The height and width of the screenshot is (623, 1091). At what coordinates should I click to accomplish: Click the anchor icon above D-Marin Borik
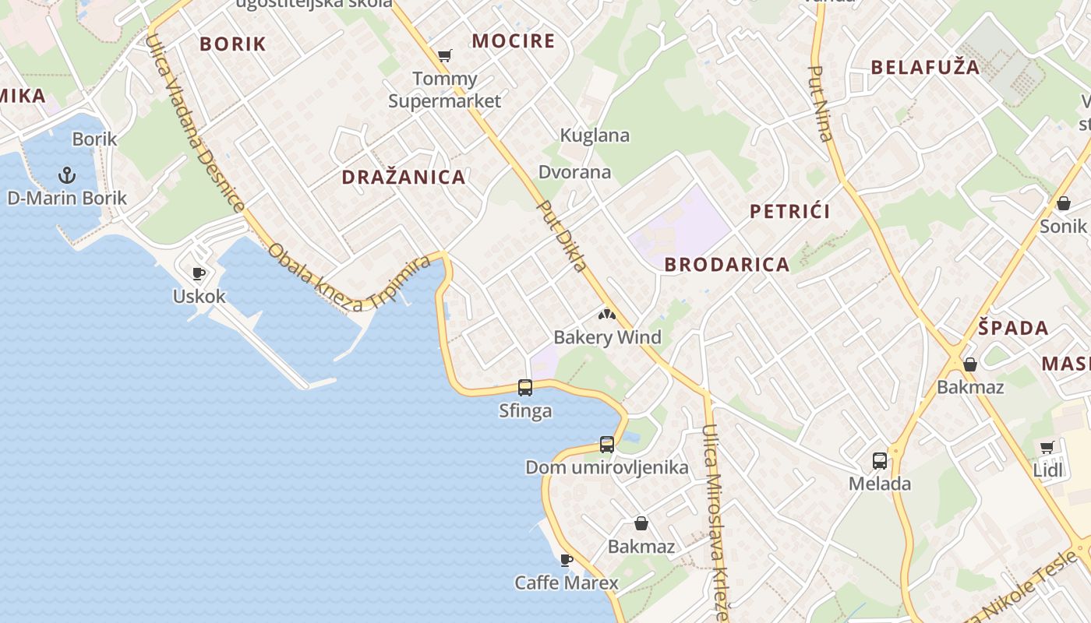pyautogui.click(x=67, y=174)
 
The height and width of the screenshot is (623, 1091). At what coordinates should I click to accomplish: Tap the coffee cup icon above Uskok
pyautogui.click(x=199, y=273)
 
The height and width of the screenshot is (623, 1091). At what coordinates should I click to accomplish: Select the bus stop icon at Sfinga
pyautogui.click(x=525, y=387)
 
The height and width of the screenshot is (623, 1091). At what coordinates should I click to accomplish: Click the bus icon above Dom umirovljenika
pyautogui.click(x=607, y=445)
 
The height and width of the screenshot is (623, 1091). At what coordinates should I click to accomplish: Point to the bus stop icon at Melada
pyautogui.click(x=880, y=460)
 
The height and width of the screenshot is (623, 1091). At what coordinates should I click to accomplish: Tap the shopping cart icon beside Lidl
pyautogui.click(x=1047, y=447)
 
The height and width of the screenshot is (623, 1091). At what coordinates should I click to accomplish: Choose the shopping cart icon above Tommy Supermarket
pyautogui.click(x=444, y=55)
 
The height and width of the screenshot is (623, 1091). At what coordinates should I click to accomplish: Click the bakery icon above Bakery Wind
pyautogui.click(x=606, y=315)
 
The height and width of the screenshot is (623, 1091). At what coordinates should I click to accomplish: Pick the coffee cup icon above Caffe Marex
pyautogui.click(x=567, y=560)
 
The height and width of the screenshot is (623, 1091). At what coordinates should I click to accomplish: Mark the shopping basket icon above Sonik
pyautogui.click(x=1063, y=203)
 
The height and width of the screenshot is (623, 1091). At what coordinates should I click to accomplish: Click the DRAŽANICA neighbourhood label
pyautogui.click(x=404, y=177)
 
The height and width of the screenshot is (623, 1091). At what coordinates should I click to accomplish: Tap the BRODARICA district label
pyautogui.click(x=727, y=265)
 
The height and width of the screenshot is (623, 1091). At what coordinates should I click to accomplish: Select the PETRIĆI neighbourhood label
pyautogui.click(x=789, y=211)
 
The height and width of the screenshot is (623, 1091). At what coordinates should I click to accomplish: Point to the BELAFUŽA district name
pyautogui.click(x=925, y=67)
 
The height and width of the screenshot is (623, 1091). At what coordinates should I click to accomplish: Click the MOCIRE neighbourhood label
pyautogui.click(x=514, y=41)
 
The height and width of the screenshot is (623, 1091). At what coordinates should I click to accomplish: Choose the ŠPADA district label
pyautogui.click(x=1013, y=328)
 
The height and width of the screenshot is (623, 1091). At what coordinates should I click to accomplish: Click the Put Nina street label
pyautogui.click(x=821, y=104)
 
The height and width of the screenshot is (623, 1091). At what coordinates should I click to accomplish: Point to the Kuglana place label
pyautogui.click(x=595, y=136)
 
